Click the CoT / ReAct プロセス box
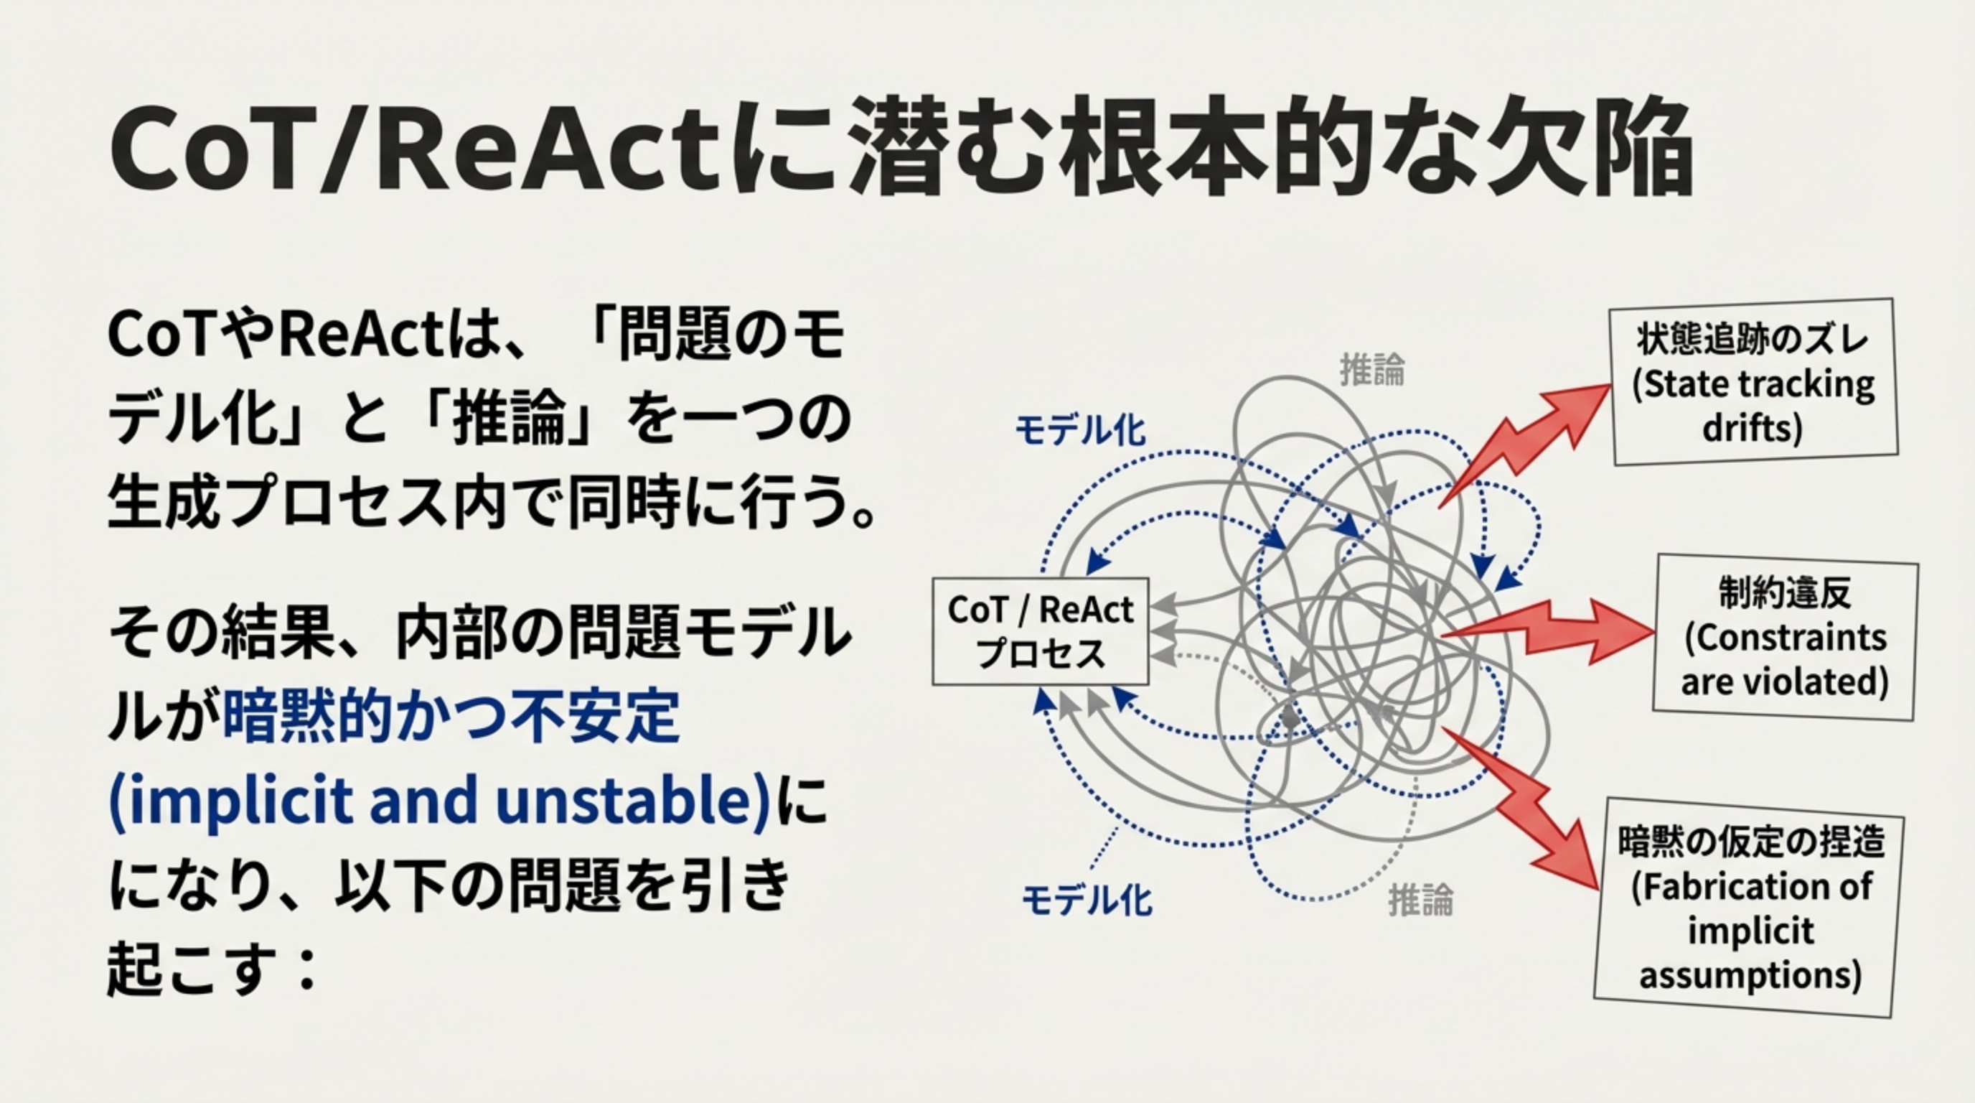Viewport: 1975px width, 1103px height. [1040, 631]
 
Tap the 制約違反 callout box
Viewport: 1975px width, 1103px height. [1784, 638]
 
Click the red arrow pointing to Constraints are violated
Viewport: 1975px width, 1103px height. [1549, 631]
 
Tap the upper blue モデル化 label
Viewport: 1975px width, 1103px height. [1079, 430]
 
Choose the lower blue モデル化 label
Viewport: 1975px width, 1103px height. [1087, 900]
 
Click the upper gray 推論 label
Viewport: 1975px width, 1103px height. [1371, 371]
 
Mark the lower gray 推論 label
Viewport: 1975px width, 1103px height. [1421, 900]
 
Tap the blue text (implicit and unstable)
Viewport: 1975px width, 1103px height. [439, 801]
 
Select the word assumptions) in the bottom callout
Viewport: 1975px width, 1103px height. [1750, 976]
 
